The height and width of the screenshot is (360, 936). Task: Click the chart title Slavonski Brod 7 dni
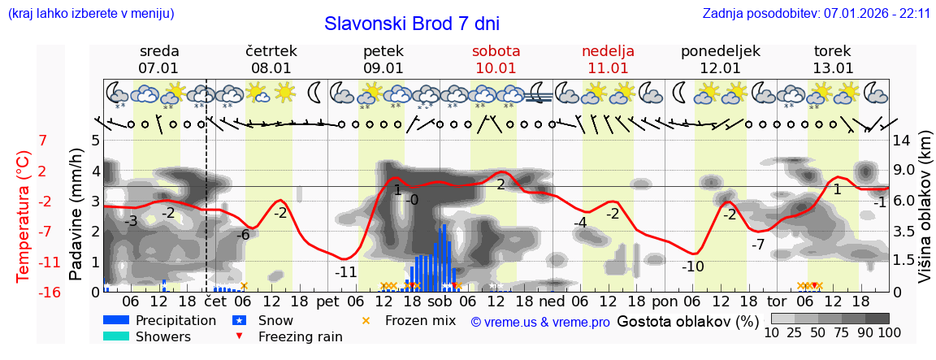click(412, 24)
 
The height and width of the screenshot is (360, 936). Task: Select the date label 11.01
click(608, 68)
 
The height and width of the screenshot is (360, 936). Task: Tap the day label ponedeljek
click(720, 51)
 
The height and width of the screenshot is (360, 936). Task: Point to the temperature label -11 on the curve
click(346, 272)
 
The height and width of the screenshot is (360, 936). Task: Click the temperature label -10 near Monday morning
click(692, 267)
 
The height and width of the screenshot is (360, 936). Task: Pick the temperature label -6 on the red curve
click(243, 235)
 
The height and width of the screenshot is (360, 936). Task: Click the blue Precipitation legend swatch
click(115, 320)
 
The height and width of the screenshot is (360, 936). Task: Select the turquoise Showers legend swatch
click(115, 336)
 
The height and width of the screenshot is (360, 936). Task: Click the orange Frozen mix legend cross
click(365, 320)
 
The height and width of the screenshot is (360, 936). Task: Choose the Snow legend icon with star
click(239, 320)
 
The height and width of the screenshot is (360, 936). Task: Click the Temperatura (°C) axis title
click(24, 216)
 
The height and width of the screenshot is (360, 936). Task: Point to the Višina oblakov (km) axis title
click(925, 216)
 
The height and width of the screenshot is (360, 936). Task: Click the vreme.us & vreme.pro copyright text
click(540, 323)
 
